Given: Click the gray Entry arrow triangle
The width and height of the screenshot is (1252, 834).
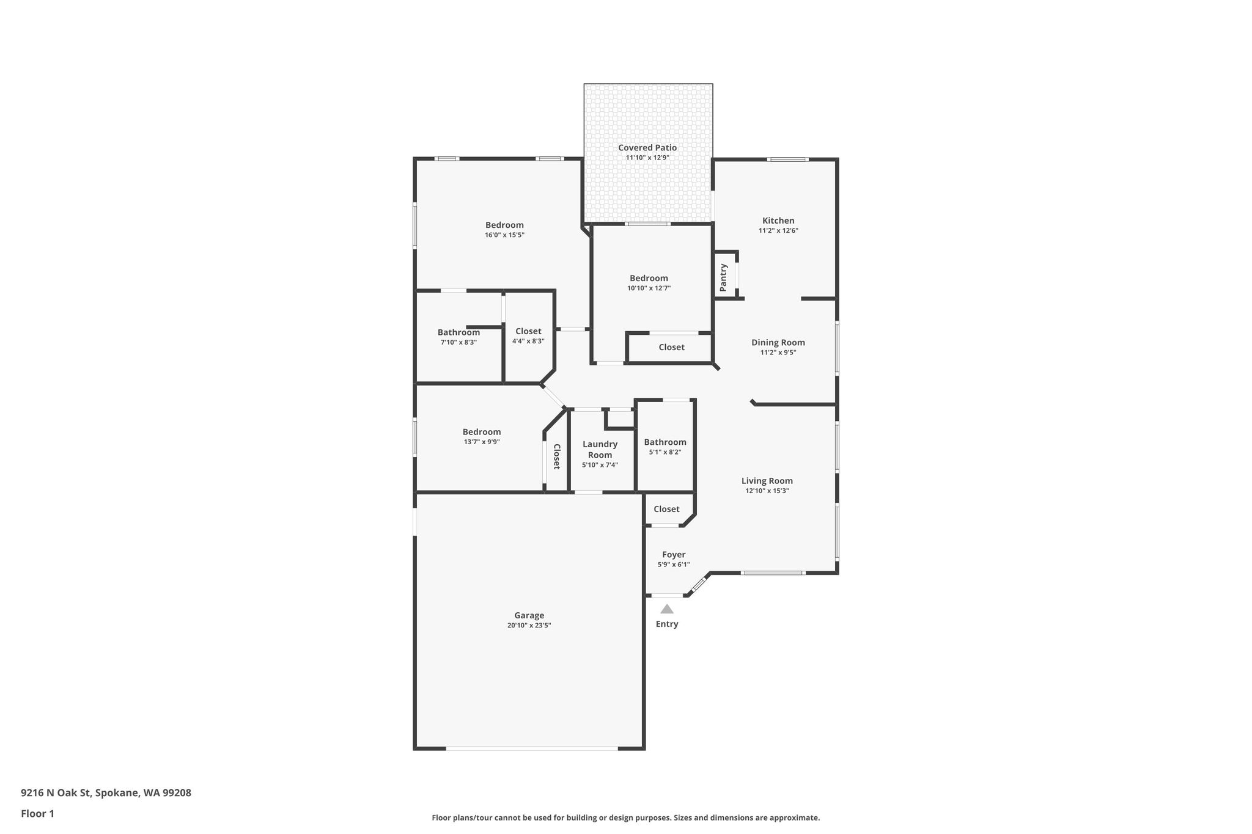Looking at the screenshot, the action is coord(667,609).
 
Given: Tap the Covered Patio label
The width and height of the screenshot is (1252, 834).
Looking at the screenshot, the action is coord(647,147).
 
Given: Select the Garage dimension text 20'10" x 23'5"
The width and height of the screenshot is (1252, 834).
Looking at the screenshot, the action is coord(529,625).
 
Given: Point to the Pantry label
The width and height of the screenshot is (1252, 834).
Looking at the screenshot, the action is coord(724,277).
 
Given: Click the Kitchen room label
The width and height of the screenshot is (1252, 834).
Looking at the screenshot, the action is coord(778,221).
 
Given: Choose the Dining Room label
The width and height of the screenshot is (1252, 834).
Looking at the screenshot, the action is coord(778,342).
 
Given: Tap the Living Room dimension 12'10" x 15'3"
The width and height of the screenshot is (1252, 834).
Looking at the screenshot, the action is coord(767,491).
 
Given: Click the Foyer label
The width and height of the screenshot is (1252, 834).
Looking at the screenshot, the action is coord(674,555).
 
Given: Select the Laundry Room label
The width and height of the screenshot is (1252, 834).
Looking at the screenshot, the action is coord(600,450).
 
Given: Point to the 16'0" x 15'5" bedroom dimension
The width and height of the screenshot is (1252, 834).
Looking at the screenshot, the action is coord(505,235).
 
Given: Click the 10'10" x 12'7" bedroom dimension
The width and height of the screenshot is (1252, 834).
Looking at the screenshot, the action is coord(649,288).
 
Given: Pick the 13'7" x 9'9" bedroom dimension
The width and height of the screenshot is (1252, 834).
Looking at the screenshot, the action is coord(482,442).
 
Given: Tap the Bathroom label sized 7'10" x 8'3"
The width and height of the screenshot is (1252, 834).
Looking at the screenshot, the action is coord(458,332).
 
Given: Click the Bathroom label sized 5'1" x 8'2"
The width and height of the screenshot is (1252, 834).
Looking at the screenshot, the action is coord(665,442).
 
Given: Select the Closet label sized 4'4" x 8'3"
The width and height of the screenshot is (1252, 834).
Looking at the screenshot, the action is coord(528,331).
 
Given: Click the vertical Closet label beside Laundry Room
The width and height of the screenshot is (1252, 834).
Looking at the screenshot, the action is coord(557,456).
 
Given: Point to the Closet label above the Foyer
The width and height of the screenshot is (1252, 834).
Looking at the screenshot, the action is coord(666,509).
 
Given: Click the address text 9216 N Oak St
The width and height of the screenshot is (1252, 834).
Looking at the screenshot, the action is coord(56,793).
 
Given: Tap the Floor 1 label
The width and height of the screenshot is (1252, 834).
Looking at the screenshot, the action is coord(37,814).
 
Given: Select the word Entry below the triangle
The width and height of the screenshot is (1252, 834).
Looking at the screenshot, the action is coord(667,624).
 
